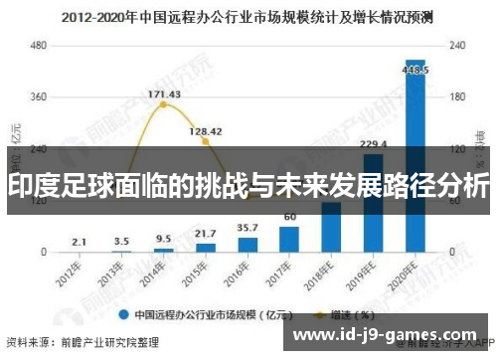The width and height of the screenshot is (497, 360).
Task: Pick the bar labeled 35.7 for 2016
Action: pyautogui.click(x=248, y=244)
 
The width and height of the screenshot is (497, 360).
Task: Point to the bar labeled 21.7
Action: pyautogui.click(x=206, y=247)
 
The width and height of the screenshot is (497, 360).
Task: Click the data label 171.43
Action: pyautogui.click(x=164, y=94)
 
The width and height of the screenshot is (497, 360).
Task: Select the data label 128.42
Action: pyautogui.click(x=206, y=130)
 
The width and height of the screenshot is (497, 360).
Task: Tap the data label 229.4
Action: pyautogui.click(x=374, y=144)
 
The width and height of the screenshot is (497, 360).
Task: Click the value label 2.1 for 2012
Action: pyautogui.click(x=80, y=242)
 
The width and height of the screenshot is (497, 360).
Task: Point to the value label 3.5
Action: pyautogui.click(x=121, y=241)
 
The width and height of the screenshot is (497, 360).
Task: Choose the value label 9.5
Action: pyautogui.click(x=163, y=239)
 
